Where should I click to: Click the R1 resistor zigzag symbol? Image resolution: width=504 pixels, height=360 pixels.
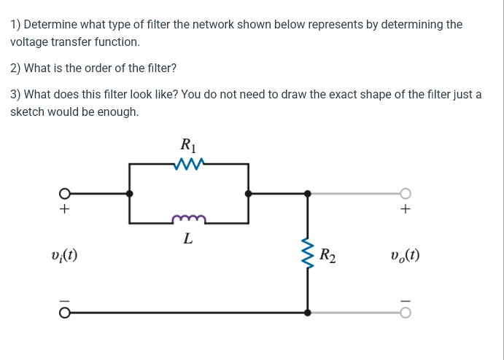[188, 165]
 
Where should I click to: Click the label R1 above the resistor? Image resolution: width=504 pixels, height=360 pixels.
[188, 145]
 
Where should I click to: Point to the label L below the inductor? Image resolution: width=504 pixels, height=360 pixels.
[188, 238]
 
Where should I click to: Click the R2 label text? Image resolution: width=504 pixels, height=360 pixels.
[328, 255]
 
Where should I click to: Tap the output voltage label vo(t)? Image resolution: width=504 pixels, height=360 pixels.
[406, 255]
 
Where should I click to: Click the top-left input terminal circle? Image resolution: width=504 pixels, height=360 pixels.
[64, 194]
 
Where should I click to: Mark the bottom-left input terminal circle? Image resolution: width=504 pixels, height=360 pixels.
[64, 313]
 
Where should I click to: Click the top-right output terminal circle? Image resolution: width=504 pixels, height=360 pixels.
[406, 194]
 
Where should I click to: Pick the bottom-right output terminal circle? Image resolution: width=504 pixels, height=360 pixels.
[406, 313]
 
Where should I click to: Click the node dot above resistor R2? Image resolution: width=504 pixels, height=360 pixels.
[307, 194]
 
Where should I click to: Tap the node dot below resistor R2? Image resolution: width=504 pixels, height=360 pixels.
[307, 313]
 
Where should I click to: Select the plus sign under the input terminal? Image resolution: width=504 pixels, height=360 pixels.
[64, 210]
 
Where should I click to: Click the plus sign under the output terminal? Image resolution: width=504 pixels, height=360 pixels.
[406, 210]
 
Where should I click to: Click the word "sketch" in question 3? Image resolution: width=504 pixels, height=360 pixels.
[28, 112]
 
